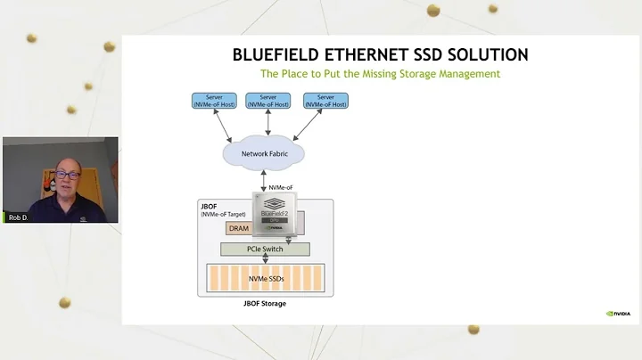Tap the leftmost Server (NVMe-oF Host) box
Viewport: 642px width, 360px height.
point(213,101)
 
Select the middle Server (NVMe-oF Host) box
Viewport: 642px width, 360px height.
point(267,101)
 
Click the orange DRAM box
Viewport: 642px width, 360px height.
point(239,229)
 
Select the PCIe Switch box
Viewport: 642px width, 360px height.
point(265,249)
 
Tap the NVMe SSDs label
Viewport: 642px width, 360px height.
point(265,279)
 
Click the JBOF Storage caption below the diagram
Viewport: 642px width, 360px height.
point(265,304)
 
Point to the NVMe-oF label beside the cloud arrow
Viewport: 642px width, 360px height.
point(282,187)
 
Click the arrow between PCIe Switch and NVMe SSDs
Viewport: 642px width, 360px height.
point(265,259)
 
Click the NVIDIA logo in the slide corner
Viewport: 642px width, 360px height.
point(618,314)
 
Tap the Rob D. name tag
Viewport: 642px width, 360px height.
point(18,217)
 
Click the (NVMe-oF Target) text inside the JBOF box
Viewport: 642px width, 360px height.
point(219,215)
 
